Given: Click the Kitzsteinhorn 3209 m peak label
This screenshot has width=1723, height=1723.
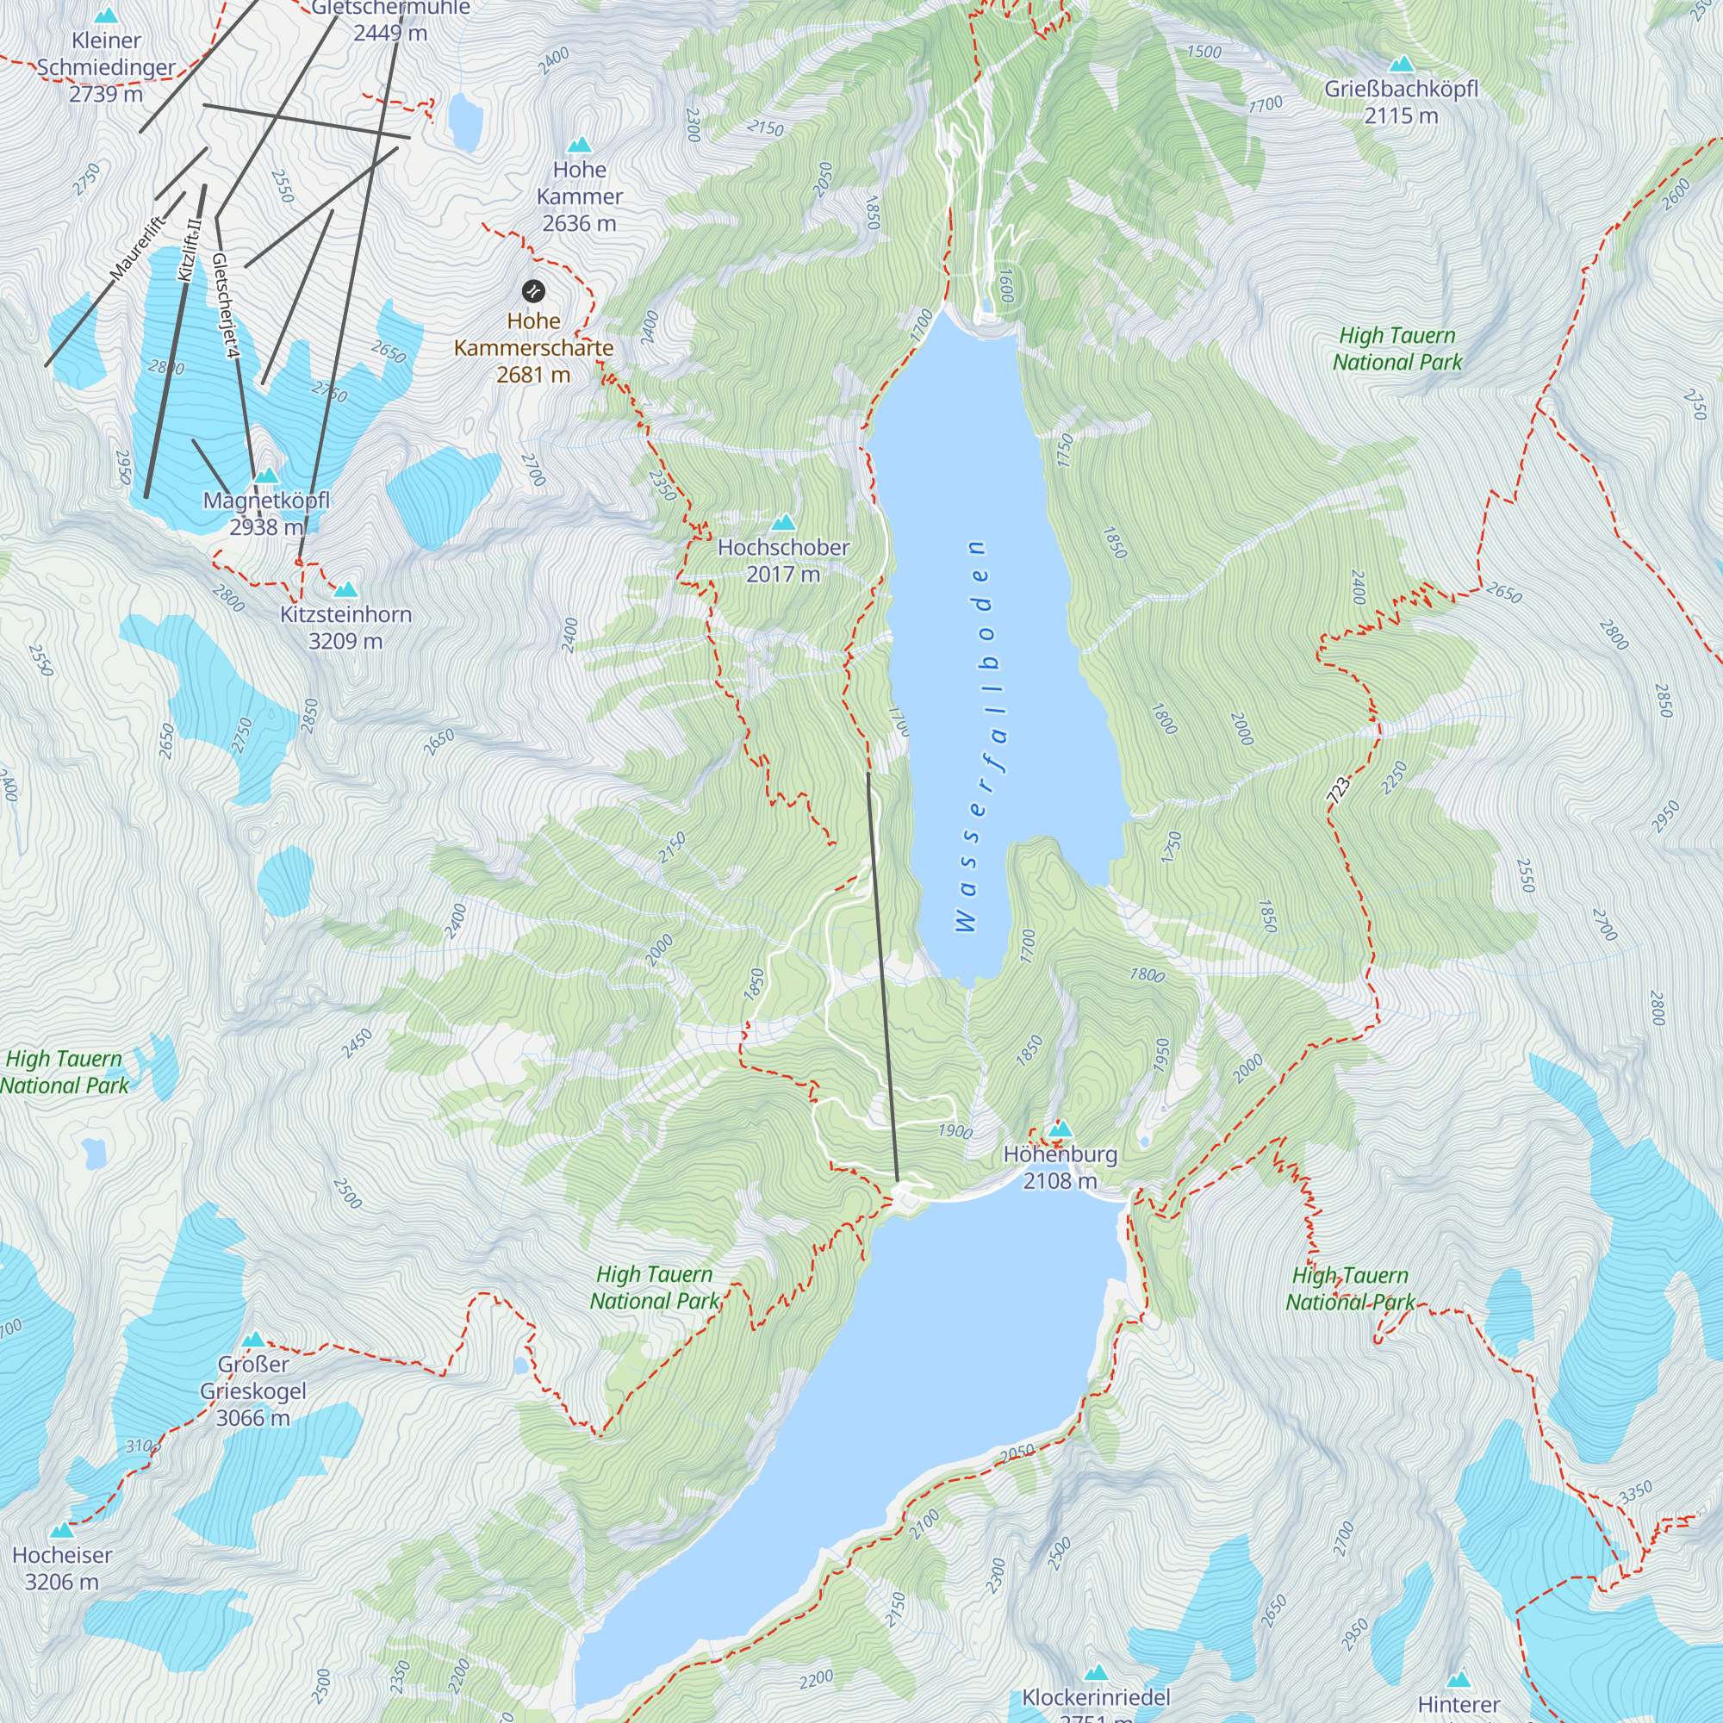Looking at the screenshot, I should point(345,627).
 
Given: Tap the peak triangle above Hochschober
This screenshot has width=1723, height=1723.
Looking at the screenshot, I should point(783,523).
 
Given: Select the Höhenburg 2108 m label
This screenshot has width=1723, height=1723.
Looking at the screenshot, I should point(1060,1166).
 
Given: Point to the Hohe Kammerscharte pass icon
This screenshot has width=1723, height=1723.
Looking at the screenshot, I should point(533,290).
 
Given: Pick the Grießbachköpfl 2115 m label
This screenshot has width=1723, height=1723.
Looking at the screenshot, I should point(1400,102).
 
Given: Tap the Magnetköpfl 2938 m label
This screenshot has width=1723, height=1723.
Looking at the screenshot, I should point(265,513).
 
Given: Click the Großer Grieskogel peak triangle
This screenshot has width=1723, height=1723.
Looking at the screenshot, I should point(254,1340).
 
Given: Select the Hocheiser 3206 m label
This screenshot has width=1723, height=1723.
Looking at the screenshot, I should point(61,1568).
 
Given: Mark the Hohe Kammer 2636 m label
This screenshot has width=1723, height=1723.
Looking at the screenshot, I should point(579,196).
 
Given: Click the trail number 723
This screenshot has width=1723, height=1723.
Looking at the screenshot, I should point(1338,790).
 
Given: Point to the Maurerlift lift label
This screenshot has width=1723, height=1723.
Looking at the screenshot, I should point(137,248).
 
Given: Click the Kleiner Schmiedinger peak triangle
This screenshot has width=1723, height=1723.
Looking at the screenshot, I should point(106,16).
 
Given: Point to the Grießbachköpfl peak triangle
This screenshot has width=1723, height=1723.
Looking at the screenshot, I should point(1401,65).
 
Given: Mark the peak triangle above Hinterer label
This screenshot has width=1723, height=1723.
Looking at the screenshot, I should point(1459,1680).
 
